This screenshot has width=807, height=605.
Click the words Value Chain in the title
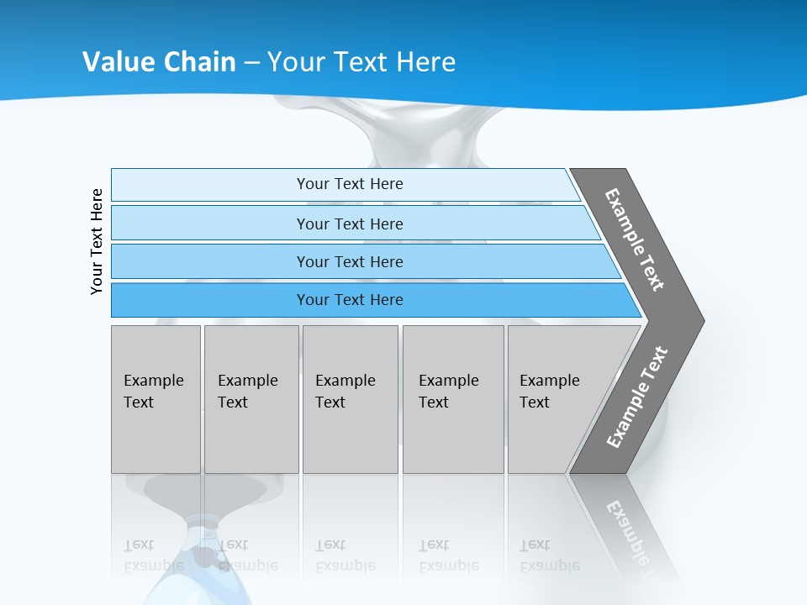tap(159, 61)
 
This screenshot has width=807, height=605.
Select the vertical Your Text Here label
tap(97, 242)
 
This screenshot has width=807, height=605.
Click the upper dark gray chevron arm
tap(636, 239)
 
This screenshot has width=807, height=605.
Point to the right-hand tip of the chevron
tap(699, 321)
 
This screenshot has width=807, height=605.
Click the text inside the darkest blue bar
tap(350, 300)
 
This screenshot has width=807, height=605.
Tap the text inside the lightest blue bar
tap(350, 184)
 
